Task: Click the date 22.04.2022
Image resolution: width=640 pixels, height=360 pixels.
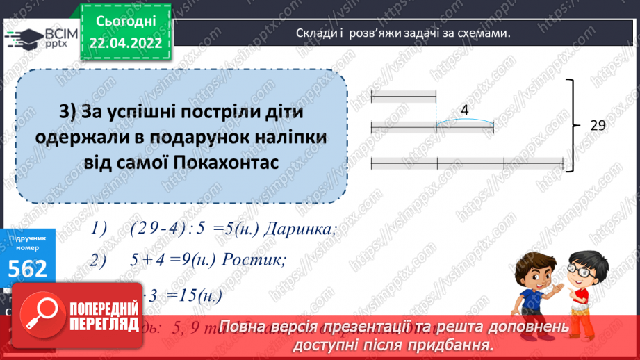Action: click(126, 43)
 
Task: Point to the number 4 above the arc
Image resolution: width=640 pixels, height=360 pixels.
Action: click(464, 110)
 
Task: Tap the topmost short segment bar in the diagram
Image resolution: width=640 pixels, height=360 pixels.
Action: click(404, 96)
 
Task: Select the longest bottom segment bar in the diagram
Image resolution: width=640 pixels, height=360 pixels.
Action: click(467, 163)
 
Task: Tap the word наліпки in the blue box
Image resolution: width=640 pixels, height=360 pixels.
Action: click(287, 137)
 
